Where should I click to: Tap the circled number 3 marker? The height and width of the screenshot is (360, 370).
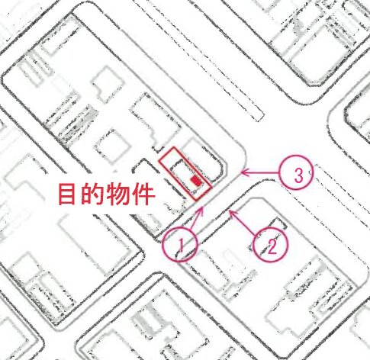pos(281,172)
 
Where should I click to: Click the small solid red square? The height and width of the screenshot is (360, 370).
pos(196,181)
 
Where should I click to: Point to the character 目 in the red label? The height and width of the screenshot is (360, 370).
pos(67,194)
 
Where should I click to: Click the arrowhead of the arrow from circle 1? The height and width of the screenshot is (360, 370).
pos(203,207)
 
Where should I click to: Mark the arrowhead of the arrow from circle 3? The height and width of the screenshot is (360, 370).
pos(242,172)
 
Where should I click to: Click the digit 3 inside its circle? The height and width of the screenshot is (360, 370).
pos(298,175)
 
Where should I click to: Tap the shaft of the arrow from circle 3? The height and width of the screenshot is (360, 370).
pos(261,172)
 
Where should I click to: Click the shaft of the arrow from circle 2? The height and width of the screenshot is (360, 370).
pos(243,222)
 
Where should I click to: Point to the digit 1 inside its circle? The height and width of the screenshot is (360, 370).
pos(182,245)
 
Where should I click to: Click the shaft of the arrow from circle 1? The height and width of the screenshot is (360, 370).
pos(197,218)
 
